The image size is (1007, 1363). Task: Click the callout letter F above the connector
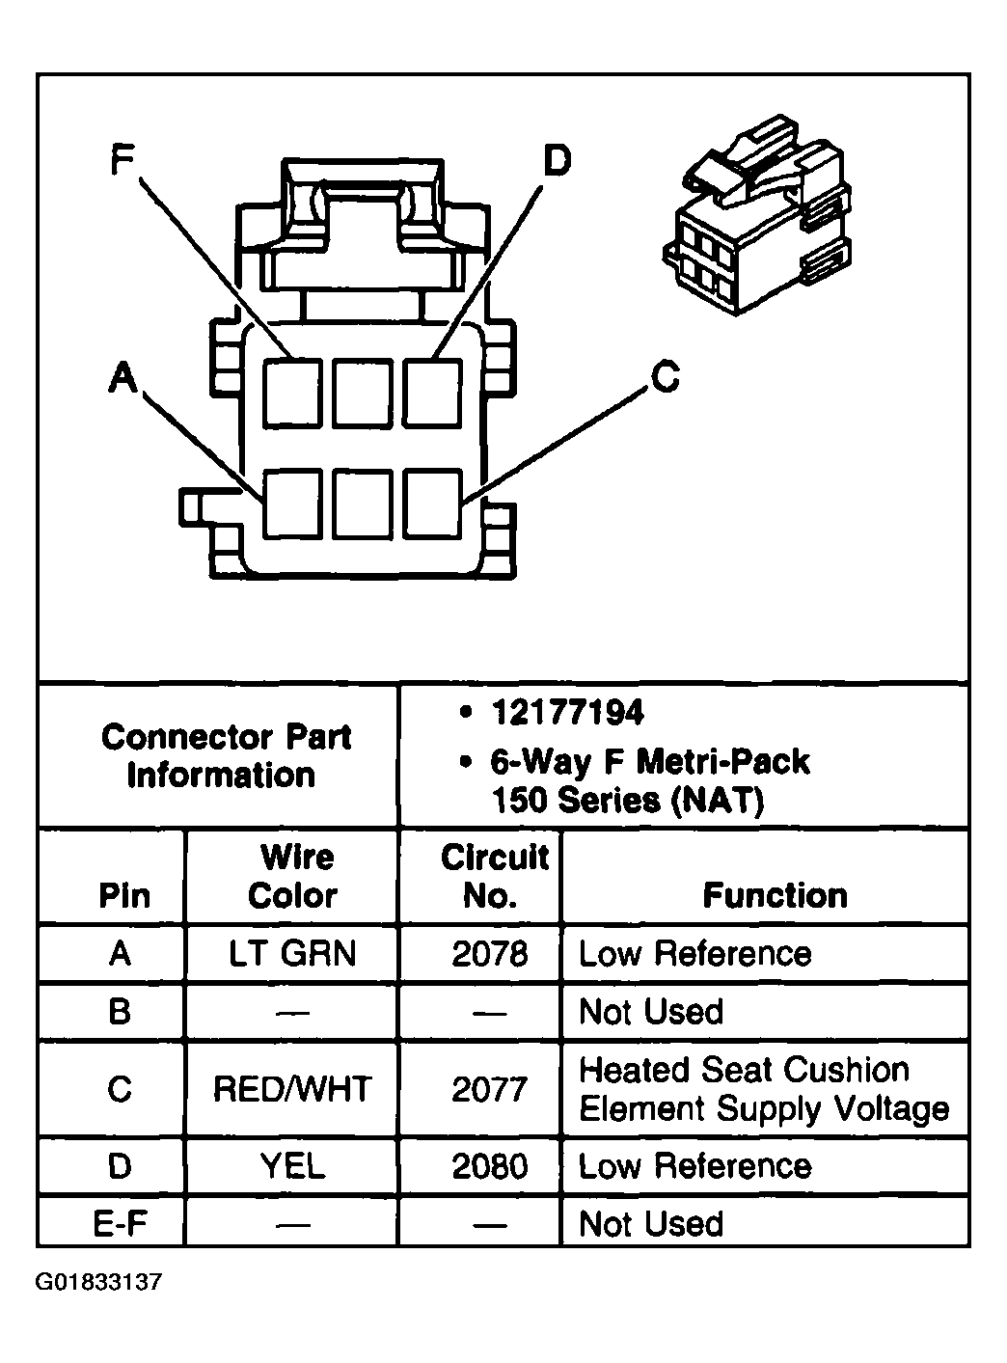[121, 159]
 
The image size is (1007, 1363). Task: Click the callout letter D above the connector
[557, 159]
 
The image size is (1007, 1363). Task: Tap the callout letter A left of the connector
[122, 377]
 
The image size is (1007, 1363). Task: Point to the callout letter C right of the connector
[666, 376]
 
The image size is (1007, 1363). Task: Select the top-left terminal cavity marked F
[292, 392]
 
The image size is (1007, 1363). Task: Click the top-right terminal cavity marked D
[431, 392]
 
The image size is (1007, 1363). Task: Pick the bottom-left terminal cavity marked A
[292, 503]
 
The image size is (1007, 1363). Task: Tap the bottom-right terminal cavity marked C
[431, 503]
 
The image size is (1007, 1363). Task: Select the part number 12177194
[567, 714]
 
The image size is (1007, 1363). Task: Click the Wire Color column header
[292, 876]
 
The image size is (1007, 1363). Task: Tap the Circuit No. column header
[493, 876]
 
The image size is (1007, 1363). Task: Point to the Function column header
[775, 895]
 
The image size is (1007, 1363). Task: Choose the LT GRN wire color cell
[292, 954]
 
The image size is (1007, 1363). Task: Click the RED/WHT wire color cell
[292, 1089]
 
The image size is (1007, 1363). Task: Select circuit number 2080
[490, 1166]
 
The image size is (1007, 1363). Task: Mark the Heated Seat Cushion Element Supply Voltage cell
[763, 1089]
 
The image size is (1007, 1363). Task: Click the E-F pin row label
[119, 1224]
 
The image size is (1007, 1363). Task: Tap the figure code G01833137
[99, 1283]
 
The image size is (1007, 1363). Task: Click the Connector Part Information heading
[224, 756]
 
